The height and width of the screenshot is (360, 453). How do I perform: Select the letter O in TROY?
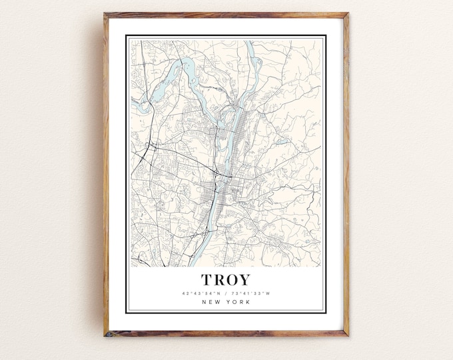coord(232,280)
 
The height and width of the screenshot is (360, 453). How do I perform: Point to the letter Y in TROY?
coord(245,280)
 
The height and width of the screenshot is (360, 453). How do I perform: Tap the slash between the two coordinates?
coord(226,293)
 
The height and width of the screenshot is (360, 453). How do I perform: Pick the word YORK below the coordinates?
coord(238,303)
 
